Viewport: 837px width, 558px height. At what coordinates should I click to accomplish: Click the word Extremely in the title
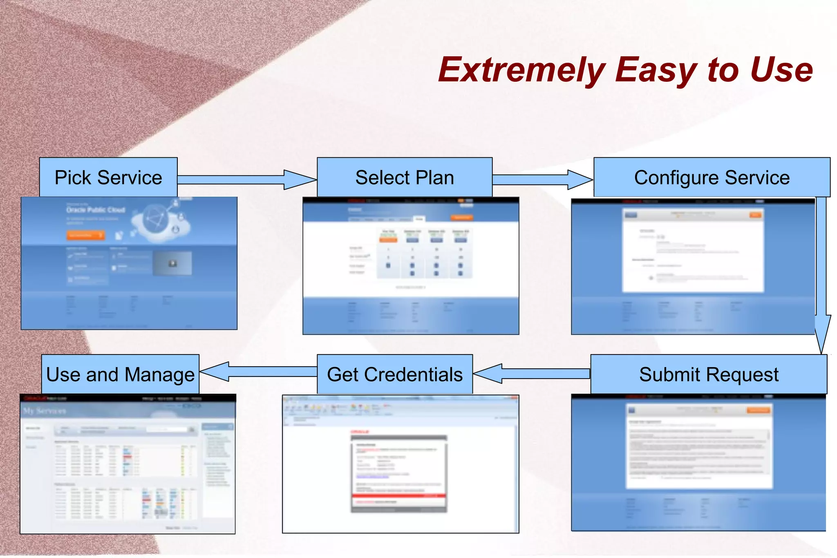pos(521,70)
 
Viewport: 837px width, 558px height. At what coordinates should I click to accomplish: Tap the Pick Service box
pos(108,177)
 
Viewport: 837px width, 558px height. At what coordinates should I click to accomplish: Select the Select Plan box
pos(404,177)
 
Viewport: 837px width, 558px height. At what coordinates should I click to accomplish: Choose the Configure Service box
pos(712,177)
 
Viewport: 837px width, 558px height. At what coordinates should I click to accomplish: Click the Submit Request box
pos(708,374)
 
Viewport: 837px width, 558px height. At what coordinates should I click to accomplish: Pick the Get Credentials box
pos(394,374)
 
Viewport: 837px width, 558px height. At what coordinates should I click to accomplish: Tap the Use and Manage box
pos(120,374)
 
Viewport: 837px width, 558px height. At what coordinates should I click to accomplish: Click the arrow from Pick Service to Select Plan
pos(245,180)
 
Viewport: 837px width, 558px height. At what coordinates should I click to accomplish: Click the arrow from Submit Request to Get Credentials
pos(531,373)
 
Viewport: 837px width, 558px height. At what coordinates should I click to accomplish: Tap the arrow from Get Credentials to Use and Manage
pos(257,371)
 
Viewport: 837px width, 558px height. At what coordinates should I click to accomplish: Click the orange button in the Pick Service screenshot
pos(85,235)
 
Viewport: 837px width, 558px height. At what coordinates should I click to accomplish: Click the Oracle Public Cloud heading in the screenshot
pos(96,210)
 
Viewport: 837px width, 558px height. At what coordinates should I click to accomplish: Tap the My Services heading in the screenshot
pos(45,411)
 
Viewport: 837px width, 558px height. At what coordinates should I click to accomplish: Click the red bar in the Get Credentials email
pos(398,495)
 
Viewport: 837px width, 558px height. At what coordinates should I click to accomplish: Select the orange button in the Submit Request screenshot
pos(758,410)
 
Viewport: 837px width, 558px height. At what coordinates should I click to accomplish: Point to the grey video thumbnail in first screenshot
pos(172,263)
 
